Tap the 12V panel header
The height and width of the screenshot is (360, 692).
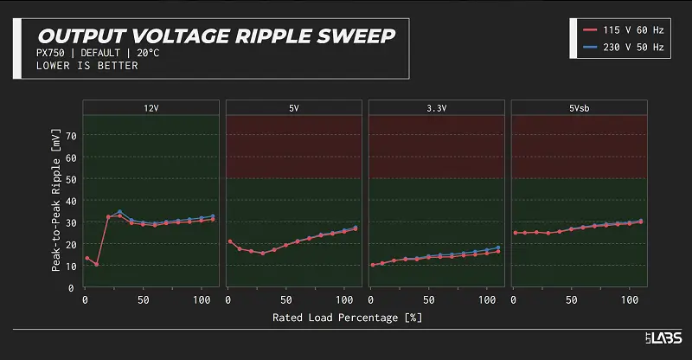151,108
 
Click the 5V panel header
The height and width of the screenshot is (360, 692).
293,108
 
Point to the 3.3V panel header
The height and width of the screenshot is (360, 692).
436,108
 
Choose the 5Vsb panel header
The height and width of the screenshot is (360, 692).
579,108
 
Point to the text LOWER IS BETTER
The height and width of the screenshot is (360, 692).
87,66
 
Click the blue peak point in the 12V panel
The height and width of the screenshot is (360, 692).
119,212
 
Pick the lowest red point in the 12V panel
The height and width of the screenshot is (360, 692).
96,264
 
